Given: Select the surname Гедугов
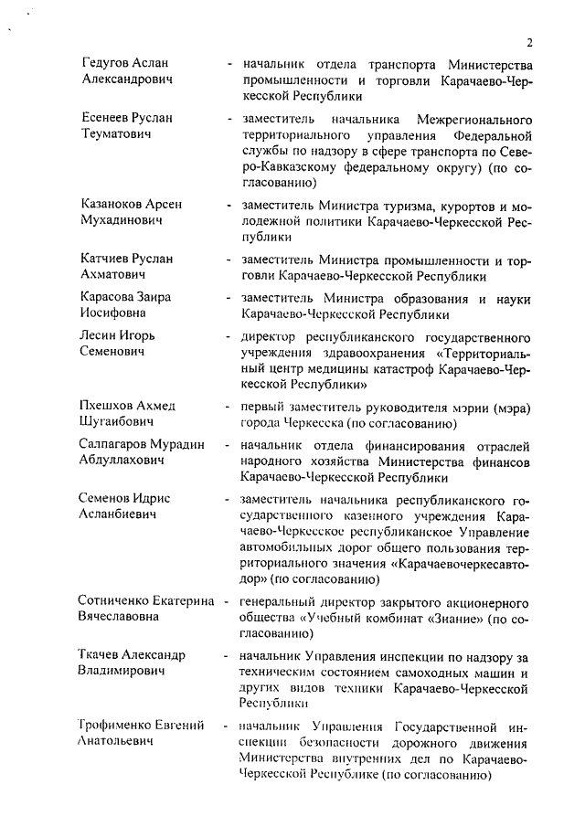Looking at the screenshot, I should click(108, 63).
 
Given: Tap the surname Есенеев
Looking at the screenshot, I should click(108, 118).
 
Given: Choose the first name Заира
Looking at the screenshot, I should click(154, 297).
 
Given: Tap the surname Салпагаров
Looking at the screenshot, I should click(117, 445).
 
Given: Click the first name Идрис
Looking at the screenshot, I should click(154, 499).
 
